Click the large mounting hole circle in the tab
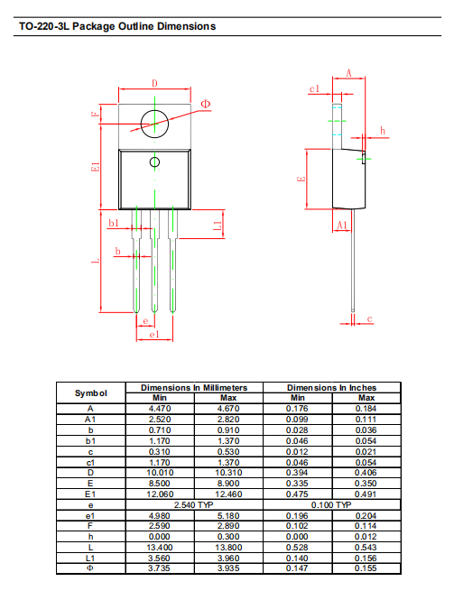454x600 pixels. coord(141,124)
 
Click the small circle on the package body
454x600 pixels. coord(150,162)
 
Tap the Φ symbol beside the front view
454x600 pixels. coord(206,104)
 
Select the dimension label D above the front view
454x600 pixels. coord(154,83)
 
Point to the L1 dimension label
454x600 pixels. coord(218,226)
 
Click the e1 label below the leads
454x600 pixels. coord(153,335)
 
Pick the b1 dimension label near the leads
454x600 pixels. coord(114,223)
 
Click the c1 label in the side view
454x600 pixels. coord(314,88)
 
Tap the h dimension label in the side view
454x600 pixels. coord(383,131)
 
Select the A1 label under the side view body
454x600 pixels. coord(342,225)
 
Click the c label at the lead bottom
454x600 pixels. coord(369,318)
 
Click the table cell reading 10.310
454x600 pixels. coord(228,473)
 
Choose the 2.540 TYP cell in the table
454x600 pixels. coord(194,505)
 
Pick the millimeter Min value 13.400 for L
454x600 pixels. coord(160,548)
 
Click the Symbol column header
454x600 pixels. coord(91,393)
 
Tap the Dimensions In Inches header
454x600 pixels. coord(331,388)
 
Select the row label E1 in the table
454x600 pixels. coord(90,494)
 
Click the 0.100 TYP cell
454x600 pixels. coord(331,505)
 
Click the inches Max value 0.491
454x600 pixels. coord(366,494)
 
